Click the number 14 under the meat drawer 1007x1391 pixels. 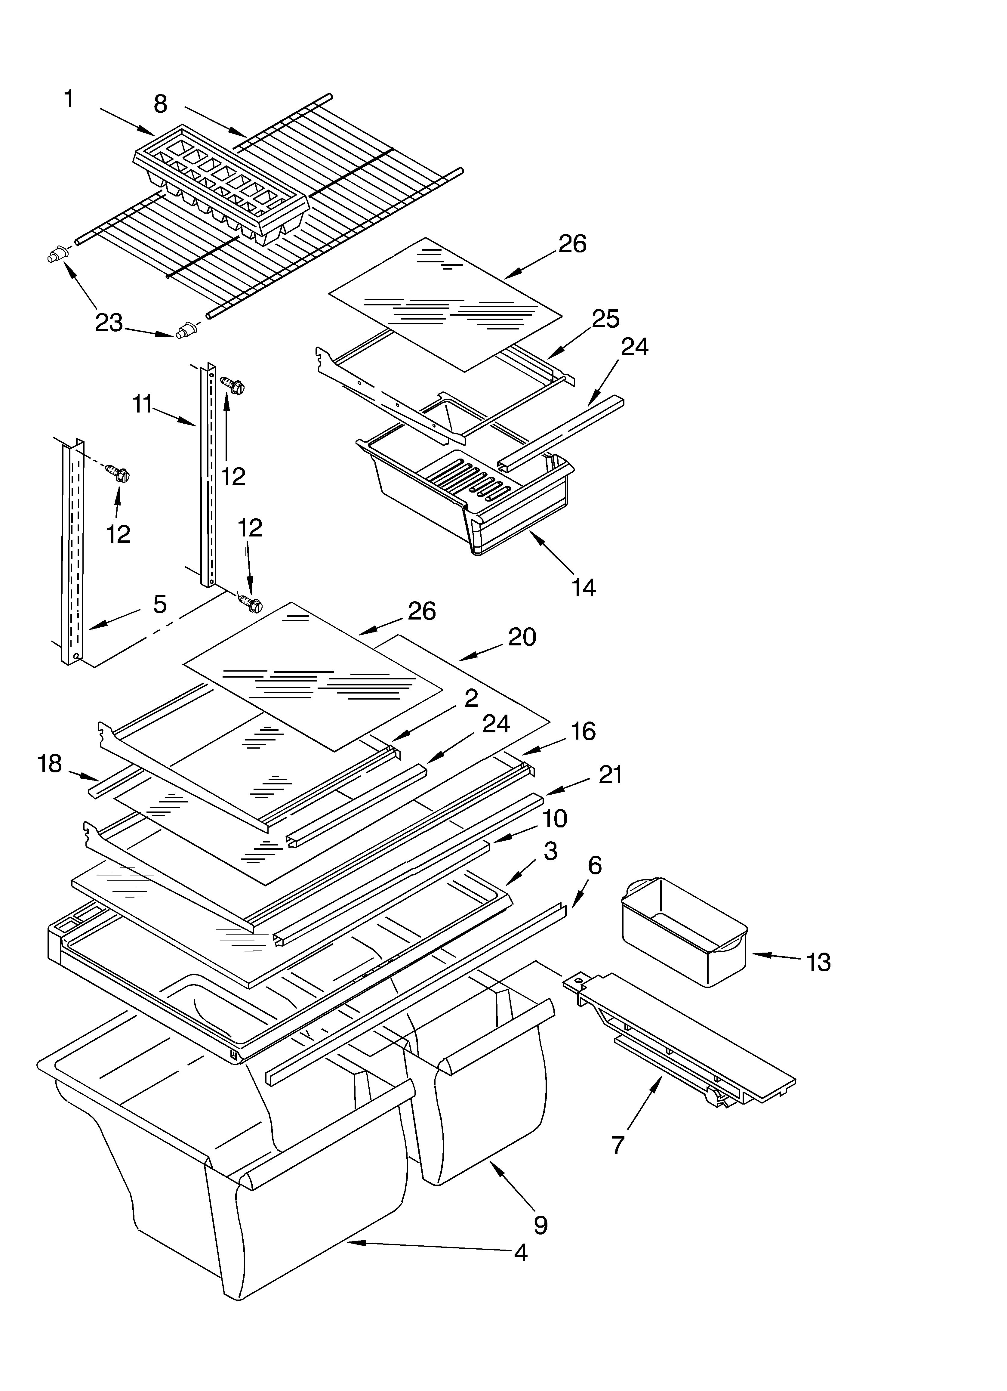pos(583,588)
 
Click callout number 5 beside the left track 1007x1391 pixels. pos(159,604)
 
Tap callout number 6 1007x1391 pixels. pos(594,865)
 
